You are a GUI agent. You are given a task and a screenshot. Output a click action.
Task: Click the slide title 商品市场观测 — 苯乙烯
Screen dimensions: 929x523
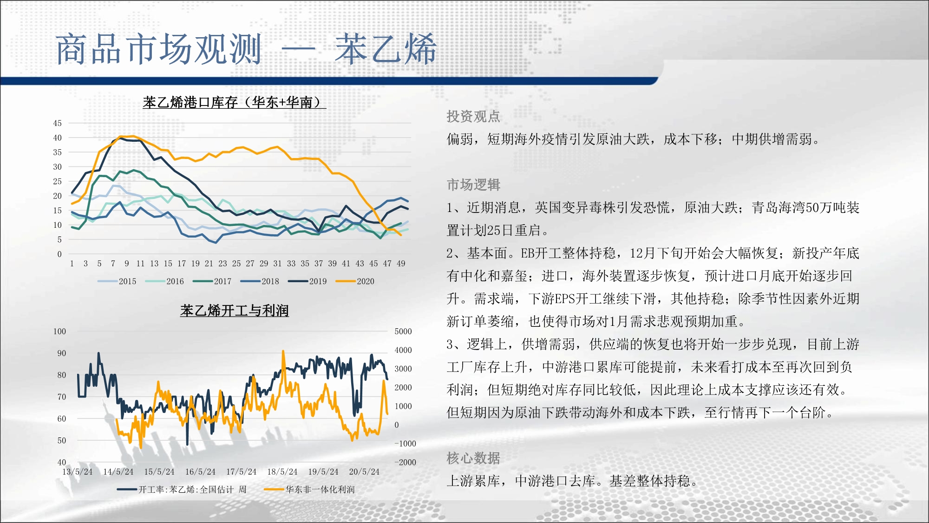pos(246,49)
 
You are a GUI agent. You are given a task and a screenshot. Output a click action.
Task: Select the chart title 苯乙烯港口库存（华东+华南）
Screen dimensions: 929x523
pos(234,102)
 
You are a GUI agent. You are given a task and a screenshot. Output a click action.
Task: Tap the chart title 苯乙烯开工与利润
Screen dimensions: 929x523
pos(235,311)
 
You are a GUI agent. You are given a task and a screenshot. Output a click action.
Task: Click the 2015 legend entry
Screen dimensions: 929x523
pos(117,281)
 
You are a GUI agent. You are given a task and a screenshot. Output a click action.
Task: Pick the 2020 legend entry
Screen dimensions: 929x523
pos(355,281)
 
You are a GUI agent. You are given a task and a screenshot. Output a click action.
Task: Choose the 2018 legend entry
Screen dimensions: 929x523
pos(260,281)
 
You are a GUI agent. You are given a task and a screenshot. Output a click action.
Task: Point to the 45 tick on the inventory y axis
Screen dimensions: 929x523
pos(57,123)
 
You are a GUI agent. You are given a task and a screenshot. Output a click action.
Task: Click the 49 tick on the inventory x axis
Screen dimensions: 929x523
pos(401,264)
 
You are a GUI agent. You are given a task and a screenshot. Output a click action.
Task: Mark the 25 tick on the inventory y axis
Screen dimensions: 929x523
pos(57,181)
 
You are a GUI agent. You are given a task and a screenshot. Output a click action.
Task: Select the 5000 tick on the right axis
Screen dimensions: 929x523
pos(403,331)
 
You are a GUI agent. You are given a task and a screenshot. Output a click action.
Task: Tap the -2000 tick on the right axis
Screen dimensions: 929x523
pos(405,462)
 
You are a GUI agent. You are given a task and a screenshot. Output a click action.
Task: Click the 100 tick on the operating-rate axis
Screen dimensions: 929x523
pos(59,331)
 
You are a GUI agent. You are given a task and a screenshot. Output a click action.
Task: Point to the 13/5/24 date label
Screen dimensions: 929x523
pos(78,472)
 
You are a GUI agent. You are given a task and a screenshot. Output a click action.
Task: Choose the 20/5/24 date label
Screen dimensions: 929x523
pos(364,472)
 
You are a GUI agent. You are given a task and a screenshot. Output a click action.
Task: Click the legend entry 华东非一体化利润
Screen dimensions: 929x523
pos(309,490)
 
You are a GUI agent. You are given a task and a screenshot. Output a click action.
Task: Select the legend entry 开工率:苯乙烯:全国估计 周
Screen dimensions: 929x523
pos(182,490)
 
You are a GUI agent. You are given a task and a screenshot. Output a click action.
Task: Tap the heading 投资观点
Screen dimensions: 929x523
pos(473,116)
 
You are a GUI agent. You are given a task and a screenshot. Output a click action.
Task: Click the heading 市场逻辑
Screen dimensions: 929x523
pos(473,185)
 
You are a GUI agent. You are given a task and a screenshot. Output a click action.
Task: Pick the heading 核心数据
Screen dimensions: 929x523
pos(473,458)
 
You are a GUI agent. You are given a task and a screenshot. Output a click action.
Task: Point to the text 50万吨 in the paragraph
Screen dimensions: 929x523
pos(825,207)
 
